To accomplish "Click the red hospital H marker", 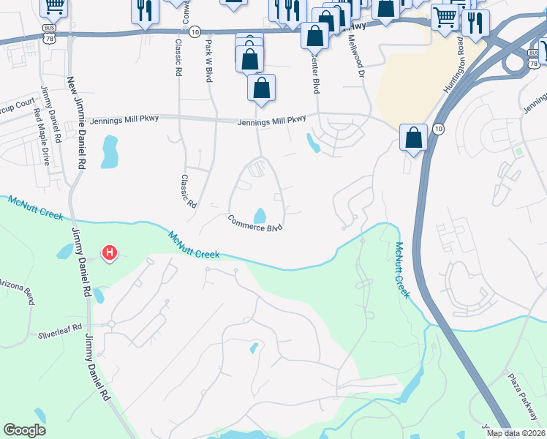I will pos(110,254).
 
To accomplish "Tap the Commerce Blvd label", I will pos(254,222).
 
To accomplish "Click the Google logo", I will pos(24,429).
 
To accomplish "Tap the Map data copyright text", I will pos(516,433).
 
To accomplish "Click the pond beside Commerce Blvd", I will pos(260,216).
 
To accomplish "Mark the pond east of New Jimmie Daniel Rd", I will pos(110,151).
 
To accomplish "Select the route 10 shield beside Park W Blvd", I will pos(194,32).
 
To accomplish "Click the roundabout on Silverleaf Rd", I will pos(111,323).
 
